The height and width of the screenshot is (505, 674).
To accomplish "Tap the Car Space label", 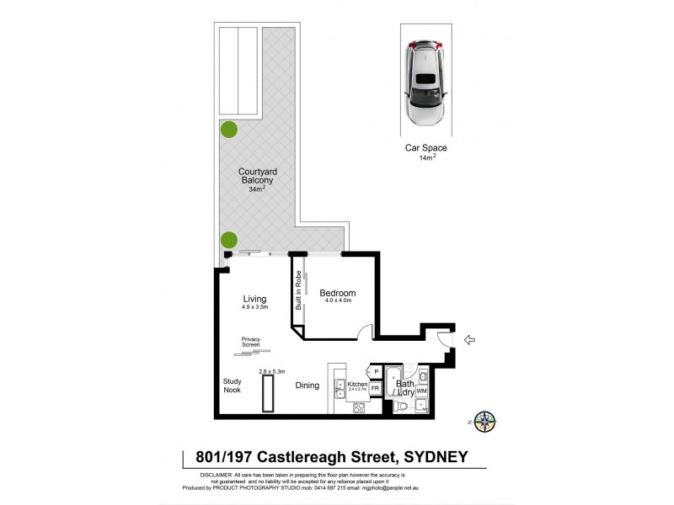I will point(425,148).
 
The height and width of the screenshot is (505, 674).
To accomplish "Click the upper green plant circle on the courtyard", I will point(227,130).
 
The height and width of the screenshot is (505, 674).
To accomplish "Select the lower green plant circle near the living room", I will point(227,240).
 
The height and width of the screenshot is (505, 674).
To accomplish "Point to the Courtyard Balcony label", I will point(258,176).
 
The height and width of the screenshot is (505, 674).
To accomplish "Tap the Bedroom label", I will point(337,293).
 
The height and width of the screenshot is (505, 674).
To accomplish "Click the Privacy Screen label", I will point(251,342).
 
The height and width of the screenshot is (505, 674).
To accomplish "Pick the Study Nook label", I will point(232,385).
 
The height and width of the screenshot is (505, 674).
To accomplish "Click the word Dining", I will point(307,385).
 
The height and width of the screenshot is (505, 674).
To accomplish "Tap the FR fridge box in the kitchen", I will point(375,388).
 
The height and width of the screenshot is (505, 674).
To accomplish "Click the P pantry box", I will point(376,371).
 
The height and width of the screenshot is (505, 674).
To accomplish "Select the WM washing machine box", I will point(421,391).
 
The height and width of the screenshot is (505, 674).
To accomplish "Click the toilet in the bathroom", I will point(405,407).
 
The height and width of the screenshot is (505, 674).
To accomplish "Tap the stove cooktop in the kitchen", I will point(357,408).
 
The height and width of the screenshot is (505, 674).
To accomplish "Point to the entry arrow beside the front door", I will point(470,340).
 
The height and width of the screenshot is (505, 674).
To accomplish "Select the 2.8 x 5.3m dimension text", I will point(271,371).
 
